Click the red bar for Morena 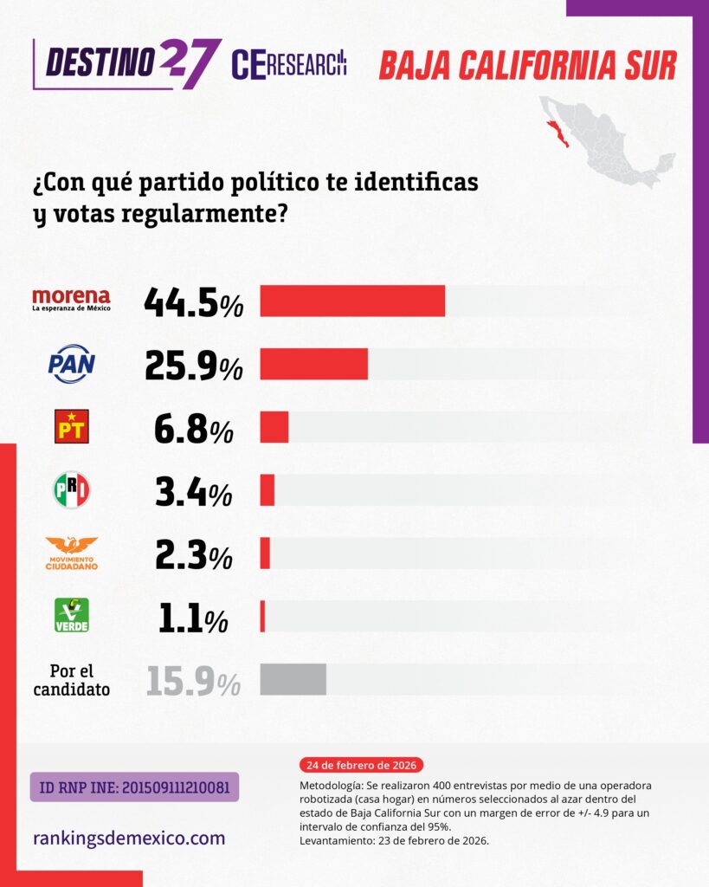(352, 301)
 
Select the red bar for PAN (313, 364)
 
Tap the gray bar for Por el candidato (293, 679)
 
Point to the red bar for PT (274, 427)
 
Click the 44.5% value (193, 301)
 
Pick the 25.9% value (193, 365)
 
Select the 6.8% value (193, 428)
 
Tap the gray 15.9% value (193, 681)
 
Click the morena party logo (71, 300)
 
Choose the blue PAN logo (71, 364)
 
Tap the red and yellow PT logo (71, 427)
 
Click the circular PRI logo (71, 490)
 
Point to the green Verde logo (71, 616)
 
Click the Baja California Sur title (527, 65)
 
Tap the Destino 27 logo (126, 62)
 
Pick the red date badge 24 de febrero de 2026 (361, 766)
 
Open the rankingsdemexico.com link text (129, 838)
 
